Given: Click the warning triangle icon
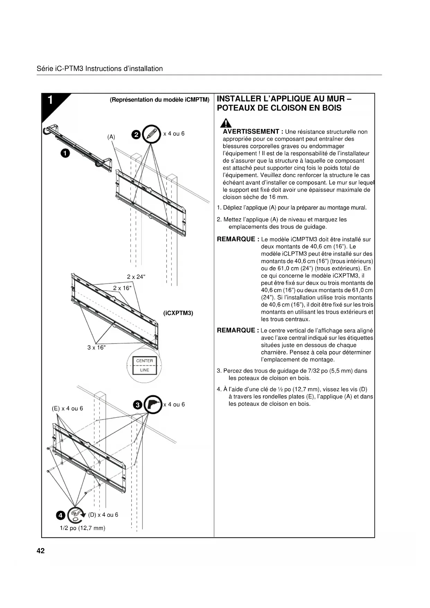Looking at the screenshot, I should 226,123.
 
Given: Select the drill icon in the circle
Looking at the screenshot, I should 153,404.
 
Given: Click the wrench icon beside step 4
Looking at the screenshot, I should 76,515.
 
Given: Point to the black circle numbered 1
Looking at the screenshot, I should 65,153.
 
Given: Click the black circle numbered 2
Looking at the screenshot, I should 137,134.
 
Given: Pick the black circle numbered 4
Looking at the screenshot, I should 60,515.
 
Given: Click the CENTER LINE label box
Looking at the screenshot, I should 144,365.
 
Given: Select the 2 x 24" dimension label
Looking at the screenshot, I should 136,277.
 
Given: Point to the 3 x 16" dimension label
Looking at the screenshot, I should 96,347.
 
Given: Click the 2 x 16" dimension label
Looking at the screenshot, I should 122,288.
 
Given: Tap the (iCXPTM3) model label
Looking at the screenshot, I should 178,313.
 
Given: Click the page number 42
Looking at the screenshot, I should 41,551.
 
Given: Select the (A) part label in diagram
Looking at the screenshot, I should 111,137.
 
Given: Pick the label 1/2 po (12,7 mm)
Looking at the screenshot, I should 82,528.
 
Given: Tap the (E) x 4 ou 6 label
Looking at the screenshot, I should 68,408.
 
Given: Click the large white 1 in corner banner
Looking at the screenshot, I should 51,100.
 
